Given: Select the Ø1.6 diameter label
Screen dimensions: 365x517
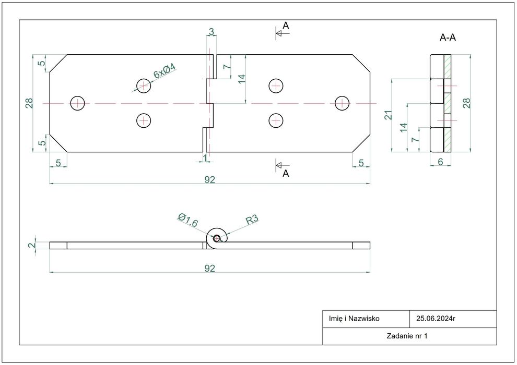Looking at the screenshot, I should pyautogui.click(x=188, y=221).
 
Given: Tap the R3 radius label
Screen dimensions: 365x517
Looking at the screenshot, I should pyautogui.click(x=252, y=220).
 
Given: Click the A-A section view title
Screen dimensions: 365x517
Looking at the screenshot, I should pyautogui.click(x=448, y=38).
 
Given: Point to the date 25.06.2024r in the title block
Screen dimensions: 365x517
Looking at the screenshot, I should pyautogui.click(x=436, y=318).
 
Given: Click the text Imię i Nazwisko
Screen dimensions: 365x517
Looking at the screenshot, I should pyautogui.click(x=354, y=318).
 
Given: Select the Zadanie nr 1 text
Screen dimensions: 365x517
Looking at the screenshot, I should pyautogui.click(x=407, y=336).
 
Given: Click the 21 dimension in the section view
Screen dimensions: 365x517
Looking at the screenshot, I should pyautogui.click(x=389, y=115).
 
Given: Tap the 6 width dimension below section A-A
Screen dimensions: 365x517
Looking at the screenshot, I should pyautogui.click(x=440, y=162).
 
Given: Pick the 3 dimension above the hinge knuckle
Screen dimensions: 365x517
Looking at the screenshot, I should pyautogui.click(x=211, y=32).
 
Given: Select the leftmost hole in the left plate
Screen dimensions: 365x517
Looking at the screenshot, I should pyautogui.click(x=78, y=103).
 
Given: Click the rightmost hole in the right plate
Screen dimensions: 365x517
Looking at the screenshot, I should pyautogui.click(x=343, y=103).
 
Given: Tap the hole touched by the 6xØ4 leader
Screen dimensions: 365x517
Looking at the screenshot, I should pyautogui.click(x=144, y=86).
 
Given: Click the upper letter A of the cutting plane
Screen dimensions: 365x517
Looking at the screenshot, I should pyautogui.click(x=286, y=26).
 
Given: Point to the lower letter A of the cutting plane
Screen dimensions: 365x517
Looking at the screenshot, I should pyautogui.click(x=286, y=174).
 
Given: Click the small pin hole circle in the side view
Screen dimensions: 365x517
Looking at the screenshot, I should pyautogui.click(x=217, y=238).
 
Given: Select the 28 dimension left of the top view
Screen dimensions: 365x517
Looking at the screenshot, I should pyautogui.click(x=30, y=103).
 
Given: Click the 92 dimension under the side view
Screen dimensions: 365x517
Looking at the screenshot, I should pyautogui.click(x=209, y=269).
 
